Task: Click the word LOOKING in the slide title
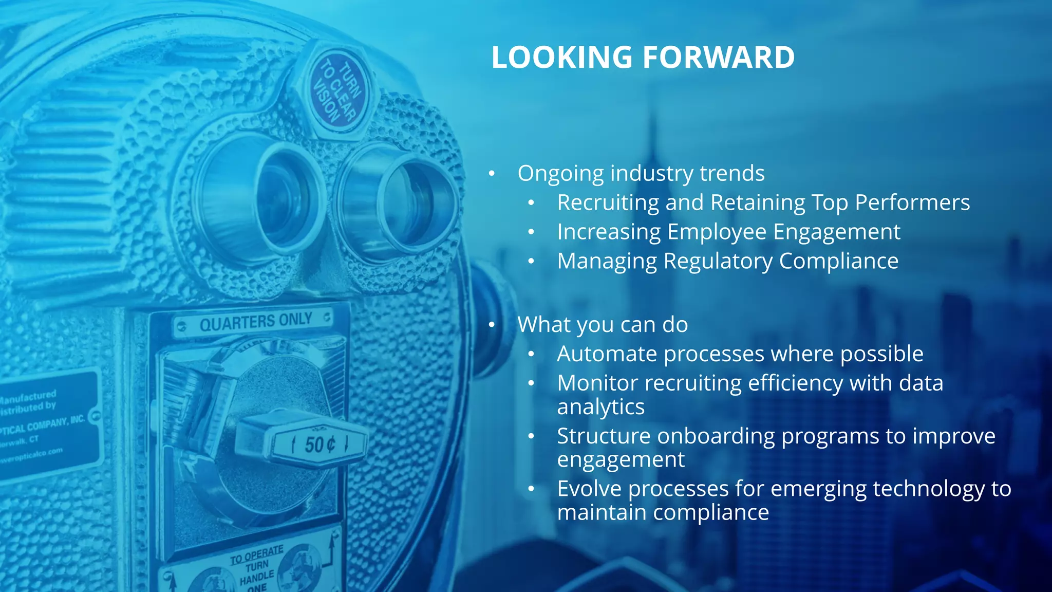point(561,57)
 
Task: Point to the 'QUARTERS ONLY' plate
point(255,322)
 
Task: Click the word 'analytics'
point(600,407)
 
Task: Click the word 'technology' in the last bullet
point(928,489)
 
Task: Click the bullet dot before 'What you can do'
point(492,325)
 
